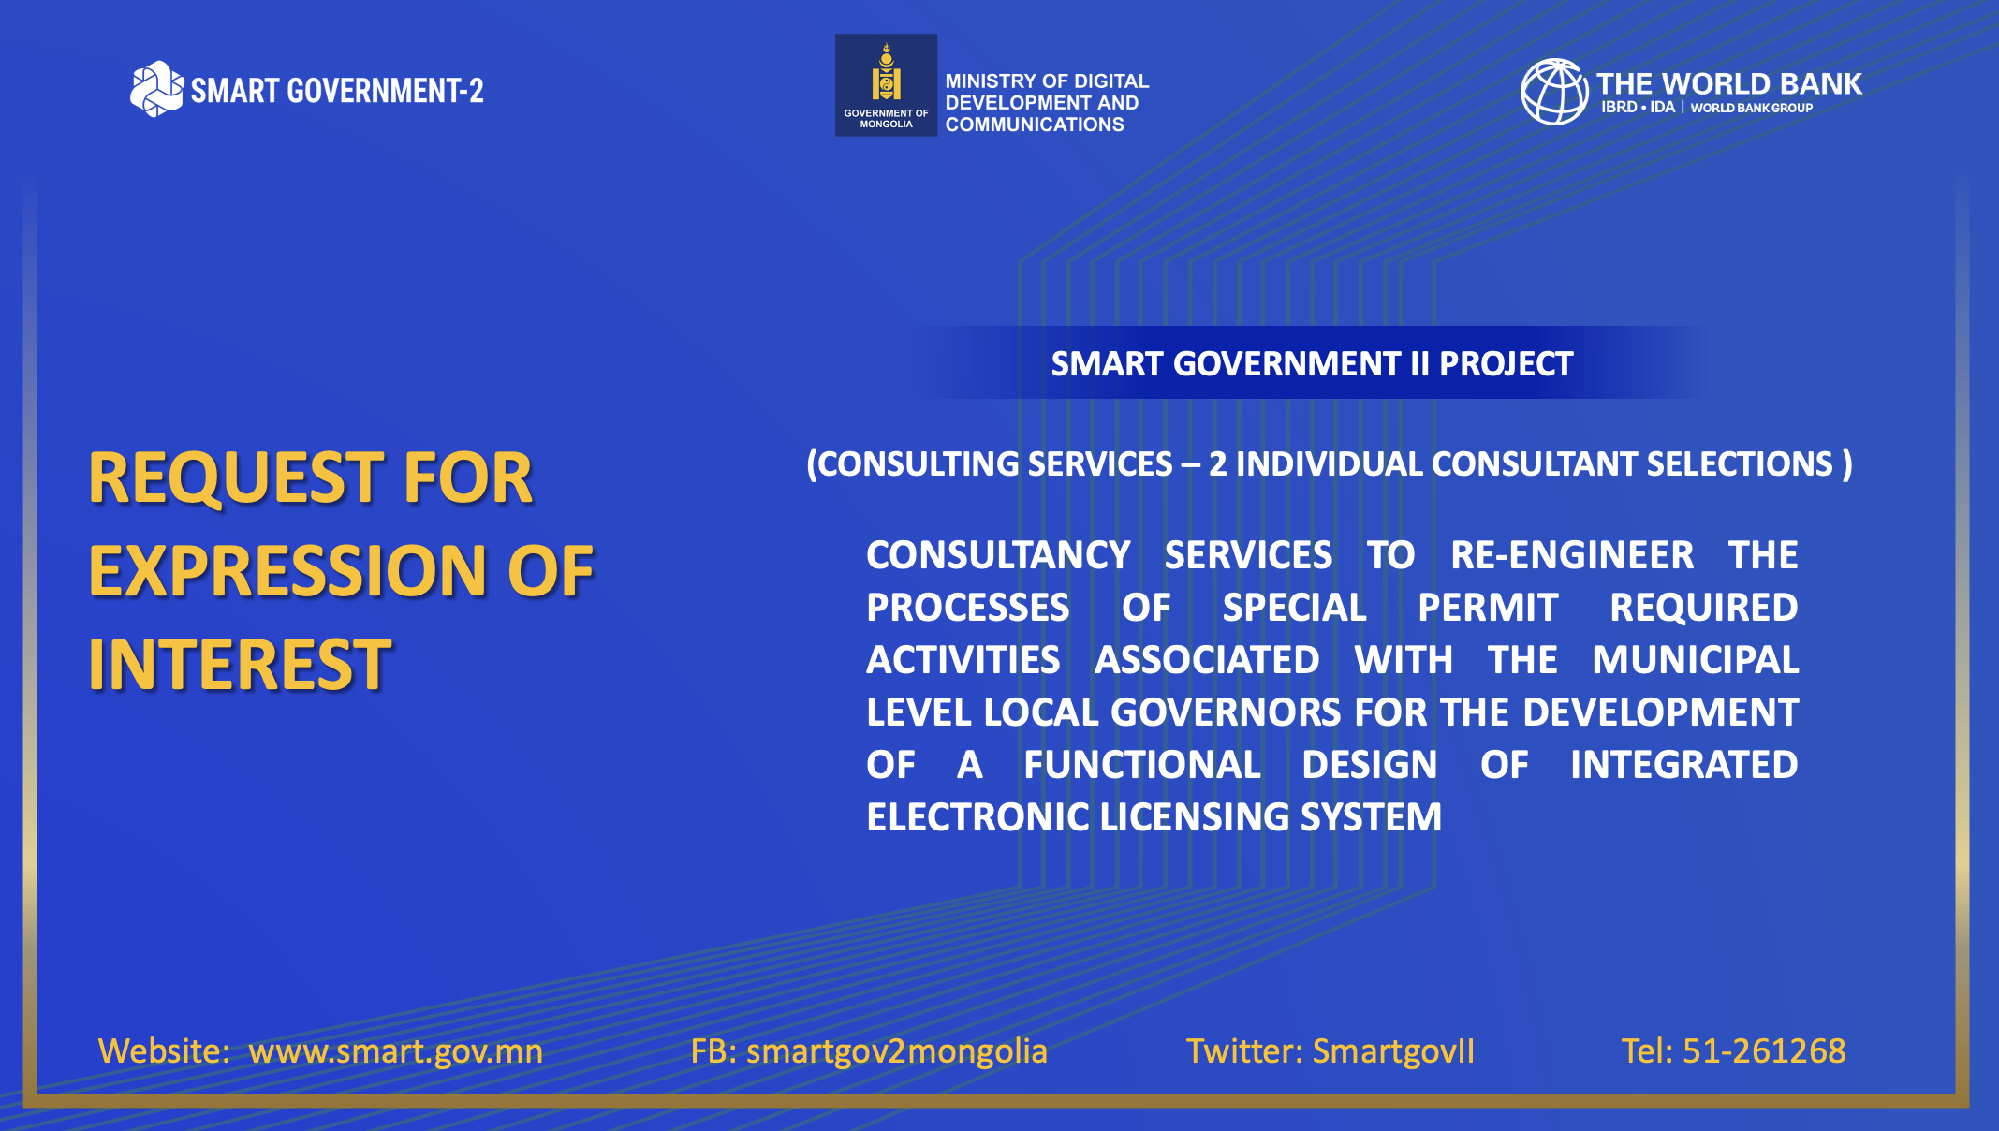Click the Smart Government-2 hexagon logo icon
tap(156, 89)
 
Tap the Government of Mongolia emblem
tap(886, 85)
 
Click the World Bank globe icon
tap(1554, 92)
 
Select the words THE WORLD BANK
tap(1729, 84)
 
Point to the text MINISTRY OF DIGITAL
tap(1047, 81)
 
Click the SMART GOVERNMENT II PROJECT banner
tap(1312, 363)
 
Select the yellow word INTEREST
tap(241, 665)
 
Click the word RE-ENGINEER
tap(1572, 555)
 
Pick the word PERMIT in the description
tap(1488, 608)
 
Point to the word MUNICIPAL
tap(1696, 660)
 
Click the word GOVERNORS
tap(1226, 712)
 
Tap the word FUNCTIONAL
tap(1142, 765)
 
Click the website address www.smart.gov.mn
tap(395, 1051)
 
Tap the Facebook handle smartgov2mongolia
tap(897, 1051)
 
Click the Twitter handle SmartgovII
tap(1393, 1051)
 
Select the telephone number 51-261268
tap(1764, 1051)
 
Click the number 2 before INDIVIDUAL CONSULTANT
tap(1217, 464)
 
